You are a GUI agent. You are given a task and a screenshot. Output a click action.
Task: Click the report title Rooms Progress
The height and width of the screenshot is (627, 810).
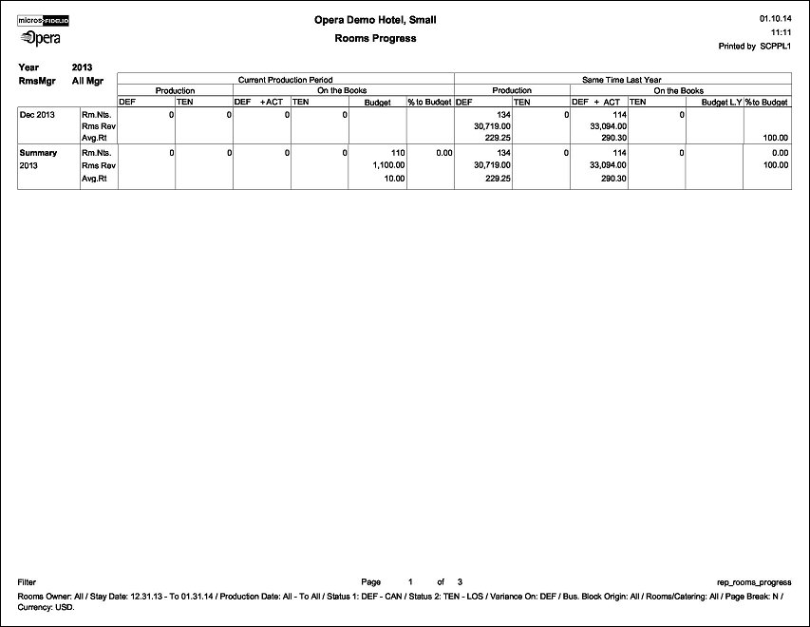tap(375, 39)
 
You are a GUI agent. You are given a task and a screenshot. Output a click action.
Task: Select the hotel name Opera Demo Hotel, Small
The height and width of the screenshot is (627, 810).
tap(375, 20)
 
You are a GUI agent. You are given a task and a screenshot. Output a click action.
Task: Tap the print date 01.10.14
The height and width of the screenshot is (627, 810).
tap(776, 18)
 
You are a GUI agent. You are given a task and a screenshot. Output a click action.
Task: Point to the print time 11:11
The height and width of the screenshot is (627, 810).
tap(782, 31)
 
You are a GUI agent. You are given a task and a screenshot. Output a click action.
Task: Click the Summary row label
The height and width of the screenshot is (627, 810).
tap(38, 153)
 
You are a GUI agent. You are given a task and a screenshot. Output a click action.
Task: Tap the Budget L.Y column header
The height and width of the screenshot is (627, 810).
tap(721, 101)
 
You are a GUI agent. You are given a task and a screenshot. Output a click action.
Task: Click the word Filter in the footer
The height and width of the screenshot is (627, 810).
tap(28, 581)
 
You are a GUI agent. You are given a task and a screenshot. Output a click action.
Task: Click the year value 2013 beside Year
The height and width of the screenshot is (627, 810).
tap(83, 67)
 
